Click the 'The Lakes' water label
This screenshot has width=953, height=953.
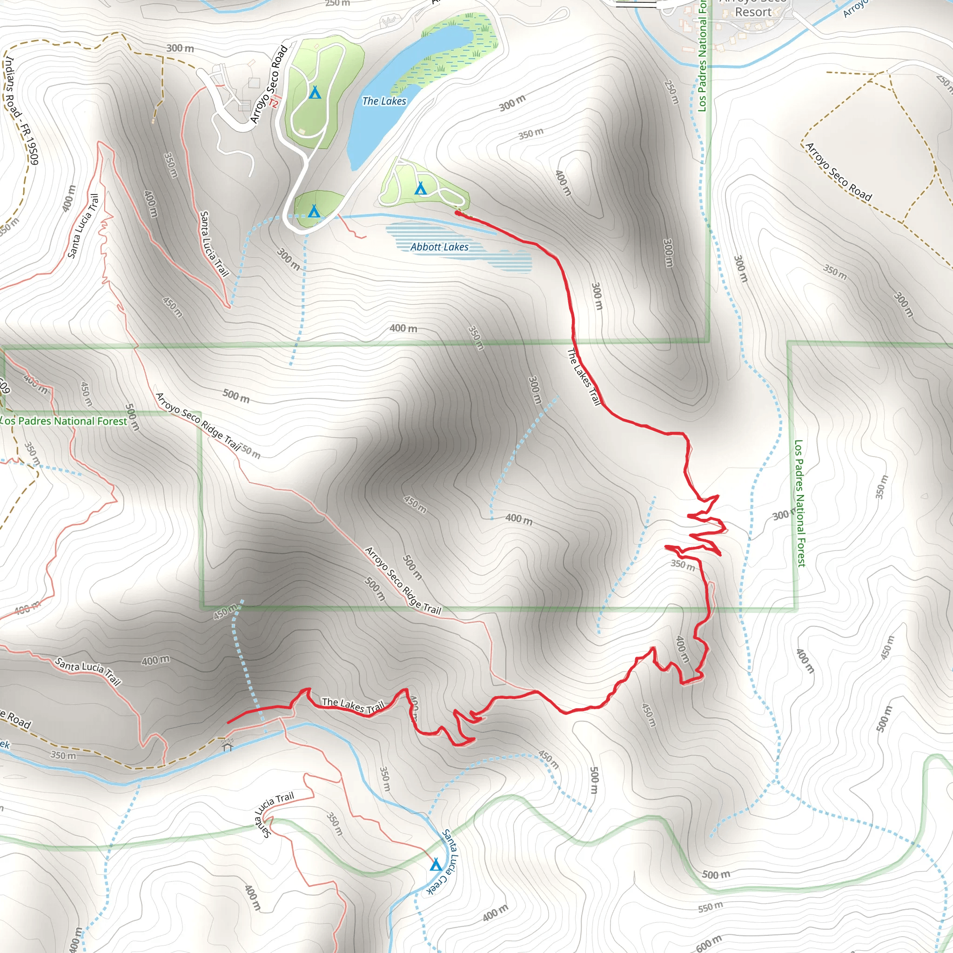coord(384,101)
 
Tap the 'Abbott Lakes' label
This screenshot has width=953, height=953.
coord(439,247)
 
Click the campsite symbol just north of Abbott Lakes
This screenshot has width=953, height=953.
coord(420,188)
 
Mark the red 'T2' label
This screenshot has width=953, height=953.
coord(274,102)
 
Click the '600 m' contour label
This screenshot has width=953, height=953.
coord(708,944)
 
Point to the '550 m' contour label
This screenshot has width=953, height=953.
coord(710,906)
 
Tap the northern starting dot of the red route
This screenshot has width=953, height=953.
coord(458,213)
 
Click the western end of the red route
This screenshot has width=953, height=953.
coord(228,723)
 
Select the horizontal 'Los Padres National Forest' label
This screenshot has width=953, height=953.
coord(64,421)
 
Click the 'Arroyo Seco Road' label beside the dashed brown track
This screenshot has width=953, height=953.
coord(839,172)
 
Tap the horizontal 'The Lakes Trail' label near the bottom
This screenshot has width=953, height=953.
coord(353,705)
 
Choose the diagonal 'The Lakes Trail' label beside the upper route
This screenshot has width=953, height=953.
coord(584,377)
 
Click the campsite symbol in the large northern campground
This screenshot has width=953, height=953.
coord(315,92)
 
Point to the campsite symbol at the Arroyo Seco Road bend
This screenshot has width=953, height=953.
coord(314,212)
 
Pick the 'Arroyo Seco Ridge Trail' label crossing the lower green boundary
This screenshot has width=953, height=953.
coord(403,581)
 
